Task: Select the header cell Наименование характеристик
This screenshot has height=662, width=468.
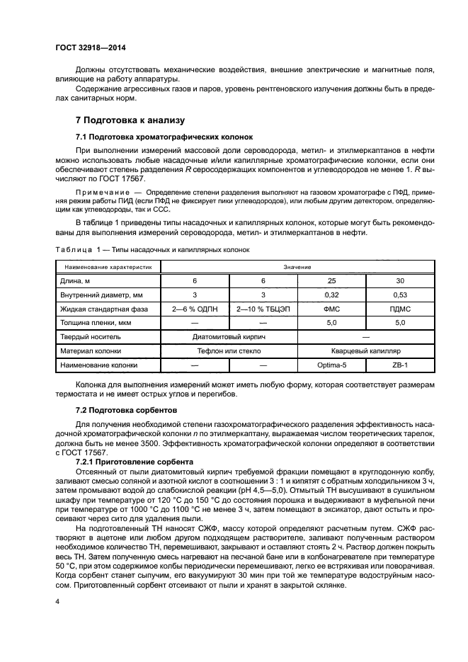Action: tap(108, 268)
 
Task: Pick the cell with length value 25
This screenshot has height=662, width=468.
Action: tap(331, 281)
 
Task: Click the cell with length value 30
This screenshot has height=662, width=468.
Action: tap(400, 281)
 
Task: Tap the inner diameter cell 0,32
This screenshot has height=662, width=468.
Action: tap(331, 295)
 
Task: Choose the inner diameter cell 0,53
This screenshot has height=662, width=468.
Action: tap(400, 295)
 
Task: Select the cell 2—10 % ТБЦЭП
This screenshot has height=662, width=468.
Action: tap(263, 309)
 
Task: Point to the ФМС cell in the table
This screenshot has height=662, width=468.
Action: tap(331, 309)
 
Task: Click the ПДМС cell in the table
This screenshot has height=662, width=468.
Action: tap(400, 309)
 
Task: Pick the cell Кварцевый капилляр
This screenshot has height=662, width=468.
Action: tap(365, 350)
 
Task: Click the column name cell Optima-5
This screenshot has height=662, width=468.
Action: tap(331, 365)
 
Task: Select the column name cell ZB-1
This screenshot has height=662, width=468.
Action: tap(400, 365)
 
